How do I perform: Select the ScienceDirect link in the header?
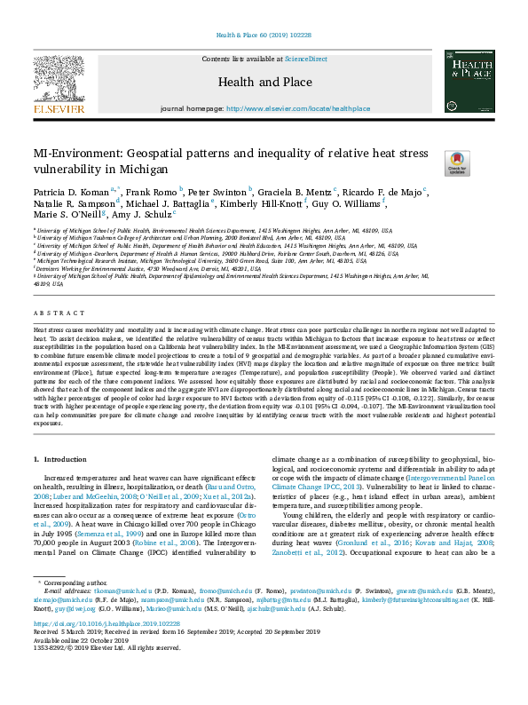pyautogui.click(x=305, y=59)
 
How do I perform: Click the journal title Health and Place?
pyautogui.click(x=264, y=82)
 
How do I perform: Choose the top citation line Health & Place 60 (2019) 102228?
pyautogui.click(x=264, y=36)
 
